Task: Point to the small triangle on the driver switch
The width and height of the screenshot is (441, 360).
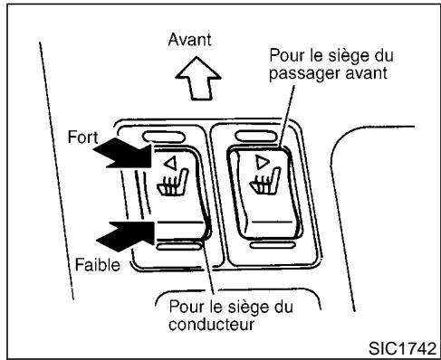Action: point(171,165)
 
